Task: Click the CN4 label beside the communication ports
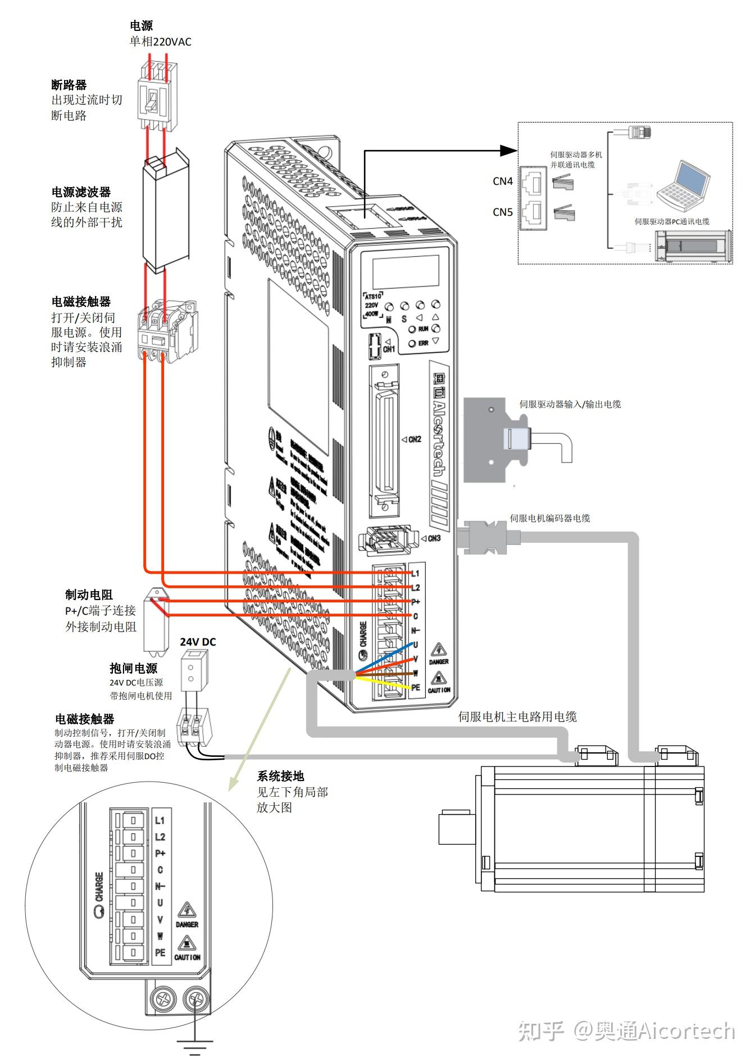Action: [x=502, y=181]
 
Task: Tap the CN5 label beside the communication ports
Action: [x=502, y=212]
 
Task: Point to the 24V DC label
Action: [x=198, y=642]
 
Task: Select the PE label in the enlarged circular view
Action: [x=160, y=952]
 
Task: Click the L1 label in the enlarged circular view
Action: [x=160, y=821]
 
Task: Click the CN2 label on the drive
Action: [x=415, y=439]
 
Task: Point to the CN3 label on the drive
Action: [x=434, y=538]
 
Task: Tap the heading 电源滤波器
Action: [x=81, y=192]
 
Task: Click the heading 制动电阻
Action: [x=89, y=594]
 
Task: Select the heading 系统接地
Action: [x=280, y=776]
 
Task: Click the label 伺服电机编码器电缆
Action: [x=549, y=518]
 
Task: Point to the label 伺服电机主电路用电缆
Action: [x=517, y=716]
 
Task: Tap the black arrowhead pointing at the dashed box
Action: [x=509, y=150]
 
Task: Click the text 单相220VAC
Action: [x=160, y=42]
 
